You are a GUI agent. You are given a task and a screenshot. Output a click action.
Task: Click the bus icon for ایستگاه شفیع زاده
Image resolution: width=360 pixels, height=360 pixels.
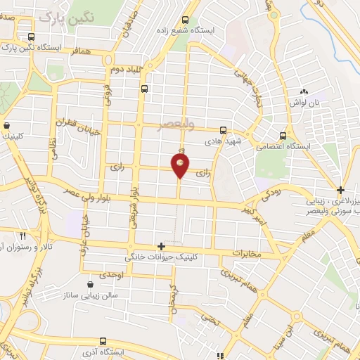coord(185,20)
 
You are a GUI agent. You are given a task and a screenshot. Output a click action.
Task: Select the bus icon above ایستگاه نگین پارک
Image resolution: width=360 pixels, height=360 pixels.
coord(30,37)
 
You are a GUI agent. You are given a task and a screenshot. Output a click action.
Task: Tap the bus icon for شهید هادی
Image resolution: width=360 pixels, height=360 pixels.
coord(223,130)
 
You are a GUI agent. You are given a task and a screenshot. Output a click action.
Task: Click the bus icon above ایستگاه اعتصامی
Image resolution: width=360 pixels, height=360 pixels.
coord(283,135)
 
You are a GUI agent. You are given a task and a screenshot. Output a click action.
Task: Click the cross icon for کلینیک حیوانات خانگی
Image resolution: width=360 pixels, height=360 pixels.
coord(162,246)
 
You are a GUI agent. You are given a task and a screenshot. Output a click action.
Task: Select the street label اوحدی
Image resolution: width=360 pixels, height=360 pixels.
coord(111,275)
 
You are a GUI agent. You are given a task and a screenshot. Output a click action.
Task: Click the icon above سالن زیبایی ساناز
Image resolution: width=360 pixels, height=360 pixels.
coord(90,285)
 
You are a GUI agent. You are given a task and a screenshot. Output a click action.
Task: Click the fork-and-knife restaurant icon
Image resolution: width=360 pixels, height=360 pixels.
coord(23,236)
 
